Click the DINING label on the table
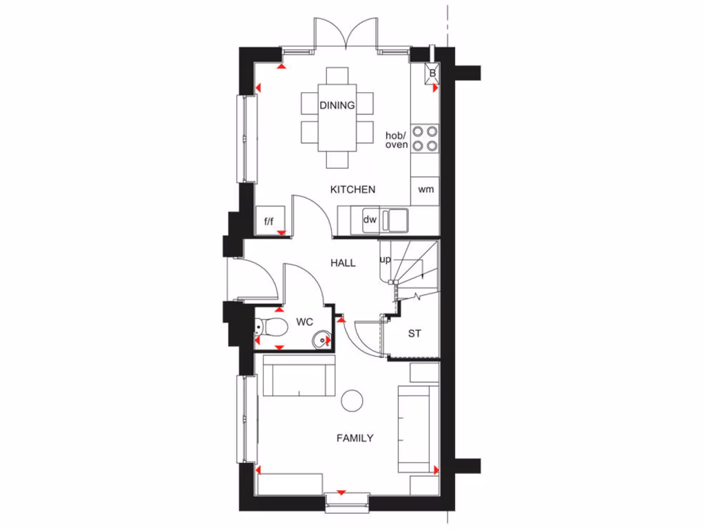[x=337, y=105]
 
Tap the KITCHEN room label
[x=352, y=189]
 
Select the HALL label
[x=343, y=262]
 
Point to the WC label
[x=305, y=322]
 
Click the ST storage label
[x=414, y=334]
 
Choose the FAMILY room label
[x=355, y=437]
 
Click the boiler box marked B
[x=432, y=73]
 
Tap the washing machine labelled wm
[x=426, y=190]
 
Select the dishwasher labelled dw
[x=370, y=220]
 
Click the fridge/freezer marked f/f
[x=269, y=221]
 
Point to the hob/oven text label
[x=397, y=140]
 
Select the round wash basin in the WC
[x=322, y=339]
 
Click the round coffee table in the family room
[x=352, y=399]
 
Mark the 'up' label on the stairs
[x=386, y=260]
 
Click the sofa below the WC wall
[x=299, y=377]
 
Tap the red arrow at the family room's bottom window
[x=341, y=492]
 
